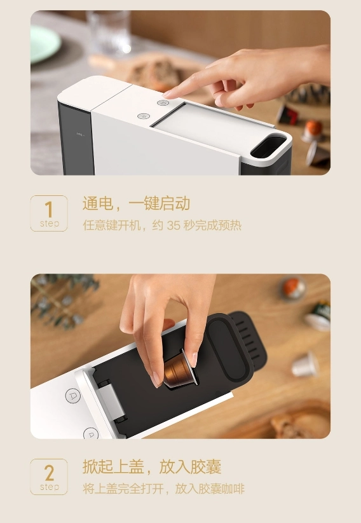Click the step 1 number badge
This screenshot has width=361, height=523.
[x=49, y=214]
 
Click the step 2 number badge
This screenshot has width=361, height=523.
[x=49, y=477]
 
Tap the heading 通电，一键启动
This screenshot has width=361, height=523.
[x=136, y=204]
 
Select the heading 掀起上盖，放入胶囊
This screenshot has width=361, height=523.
[x=152, y=466]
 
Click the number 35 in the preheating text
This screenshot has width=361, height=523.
[x=174, y=225]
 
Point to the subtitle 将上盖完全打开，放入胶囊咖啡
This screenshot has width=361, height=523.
[x=163, y=489]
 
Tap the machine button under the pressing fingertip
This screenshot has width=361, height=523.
[x=163, y=102]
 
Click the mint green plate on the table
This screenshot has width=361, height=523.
[x=44, y=44]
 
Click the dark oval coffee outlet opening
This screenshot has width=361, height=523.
[x=268, y=146]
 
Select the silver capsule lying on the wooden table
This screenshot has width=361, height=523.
[x=305, y=365]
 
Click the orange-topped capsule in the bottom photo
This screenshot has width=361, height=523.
[x=292, y=288]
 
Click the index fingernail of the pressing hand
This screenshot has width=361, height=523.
[x=167, y=94]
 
